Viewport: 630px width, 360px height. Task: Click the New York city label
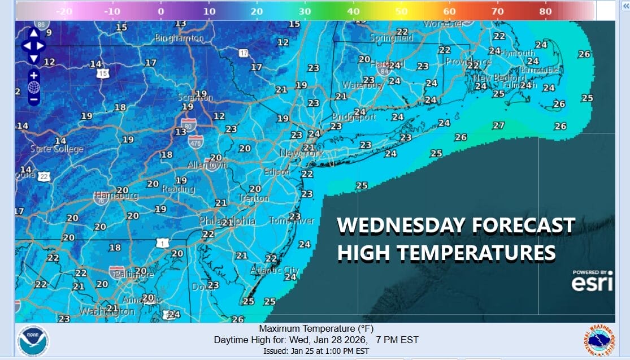pyautogui.click(x=302, y=154)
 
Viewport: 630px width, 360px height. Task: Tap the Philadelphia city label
pyautogui.click(x=227, y=222)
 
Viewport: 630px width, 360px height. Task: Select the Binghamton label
pyautogui.click(x=179, y=38)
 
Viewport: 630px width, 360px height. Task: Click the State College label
pyautogui.click(x=57, y=149)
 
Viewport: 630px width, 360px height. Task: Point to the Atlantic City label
pyautogui.click(x=274, y=270)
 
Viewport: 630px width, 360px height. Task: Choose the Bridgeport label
pyautogui.click(x=354, y=118)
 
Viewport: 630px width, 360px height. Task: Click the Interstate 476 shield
pyautogui.click(x=195, y=141)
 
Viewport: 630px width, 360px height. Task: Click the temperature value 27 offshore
pyautogui.click(x=498, y=125)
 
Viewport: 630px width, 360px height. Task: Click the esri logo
pyautogui.click(x=592, y=281)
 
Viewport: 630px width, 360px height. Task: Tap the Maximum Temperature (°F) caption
pyautogui.click(x=316, y=329)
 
